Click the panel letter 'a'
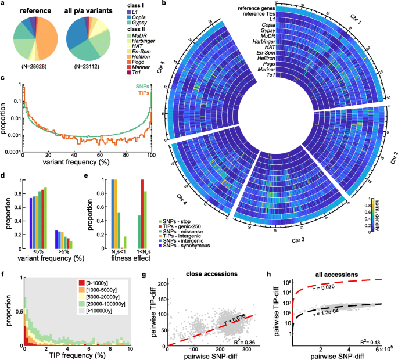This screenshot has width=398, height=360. point(3,5)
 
